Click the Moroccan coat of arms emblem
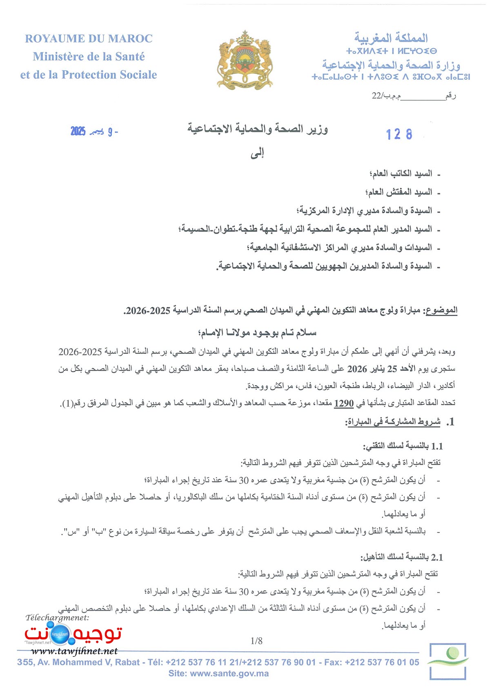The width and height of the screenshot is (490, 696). [x=245, y=60]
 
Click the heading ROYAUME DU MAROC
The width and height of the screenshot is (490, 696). [x=89, y=39]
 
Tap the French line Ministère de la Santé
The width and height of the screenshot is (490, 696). [x=89, y=57]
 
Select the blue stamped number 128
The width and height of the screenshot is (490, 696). [x=399, y=134]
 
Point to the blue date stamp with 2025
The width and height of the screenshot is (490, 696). [x=94, y=132]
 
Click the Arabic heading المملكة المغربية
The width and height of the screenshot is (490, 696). [x=391, y=38]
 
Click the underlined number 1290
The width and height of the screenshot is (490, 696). [x=343, y=404]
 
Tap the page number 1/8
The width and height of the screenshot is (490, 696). [x=256, y=641]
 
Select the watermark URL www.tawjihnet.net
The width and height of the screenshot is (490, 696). [x=74, y=651]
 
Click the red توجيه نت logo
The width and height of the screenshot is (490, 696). [x=73, y=633]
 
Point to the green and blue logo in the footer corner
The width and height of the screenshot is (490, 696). [x=448, y=661]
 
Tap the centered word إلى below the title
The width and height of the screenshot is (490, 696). [x=257, y=154]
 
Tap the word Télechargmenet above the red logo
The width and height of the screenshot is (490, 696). [x=57, y=618]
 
